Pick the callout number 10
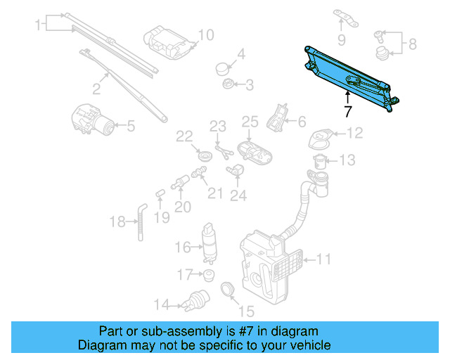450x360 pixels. click(205, 35)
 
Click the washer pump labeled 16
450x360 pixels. click(209, 241)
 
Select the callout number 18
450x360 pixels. click(117, 222)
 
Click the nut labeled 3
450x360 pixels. click(229, 85)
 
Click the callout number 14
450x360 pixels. click(162, 305)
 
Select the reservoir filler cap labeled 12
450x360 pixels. click(320, 136)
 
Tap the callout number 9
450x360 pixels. click(342, 39)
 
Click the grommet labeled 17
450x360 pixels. click(207, 274)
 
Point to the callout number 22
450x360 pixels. click(184, 135)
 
